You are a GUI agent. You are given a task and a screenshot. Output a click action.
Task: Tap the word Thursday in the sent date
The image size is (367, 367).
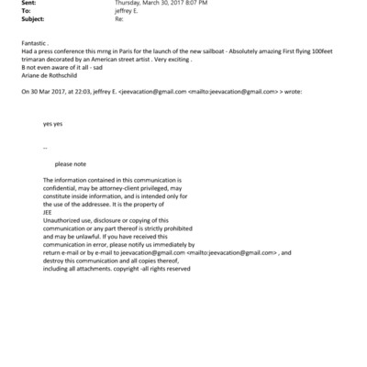[x=129, y=4]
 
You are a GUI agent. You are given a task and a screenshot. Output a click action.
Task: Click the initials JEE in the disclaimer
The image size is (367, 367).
[x=49, y=214]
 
